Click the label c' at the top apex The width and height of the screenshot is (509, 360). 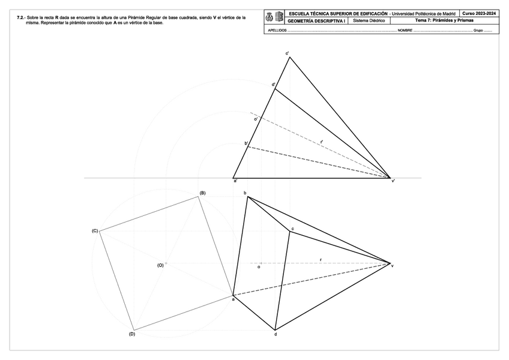(288, 53)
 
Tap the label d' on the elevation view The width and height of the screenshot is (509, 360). (274, 85)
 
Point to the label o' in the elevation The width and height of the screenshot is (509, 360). (256, 119)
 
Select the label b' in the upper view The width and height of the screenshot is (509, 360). (246, 143)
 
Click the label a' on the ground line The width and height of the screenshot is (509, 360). (235, 181)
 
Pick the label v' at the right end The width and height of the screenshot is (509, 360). (393, 181)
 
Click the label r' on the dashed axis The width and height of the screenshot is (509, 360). (321, 142)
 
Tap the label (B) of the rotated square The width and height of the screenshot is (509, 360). (202, 193)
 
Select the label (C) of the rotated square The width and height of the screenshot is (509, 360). (94, 231)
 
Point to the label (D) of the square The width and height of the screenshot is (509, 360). (132, 334)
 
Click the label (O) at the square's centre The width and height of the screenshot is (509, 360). (160, 265)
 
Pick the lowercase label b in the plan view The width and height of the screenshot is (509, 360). (245, 193)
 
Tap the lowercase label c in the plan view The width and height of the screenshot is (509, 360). (292, 229)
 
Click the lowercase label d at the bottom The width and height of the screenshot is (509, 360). (276, 334)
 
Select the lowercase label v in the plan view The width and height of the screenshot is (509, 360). (393, 266)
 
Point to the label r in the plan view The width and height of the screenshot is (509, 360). (321, 260)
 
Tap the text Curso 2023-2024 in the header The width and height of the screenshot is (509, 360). (479, 13)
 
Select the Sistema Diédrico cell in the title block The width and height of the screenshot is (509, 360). (369, 20)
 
